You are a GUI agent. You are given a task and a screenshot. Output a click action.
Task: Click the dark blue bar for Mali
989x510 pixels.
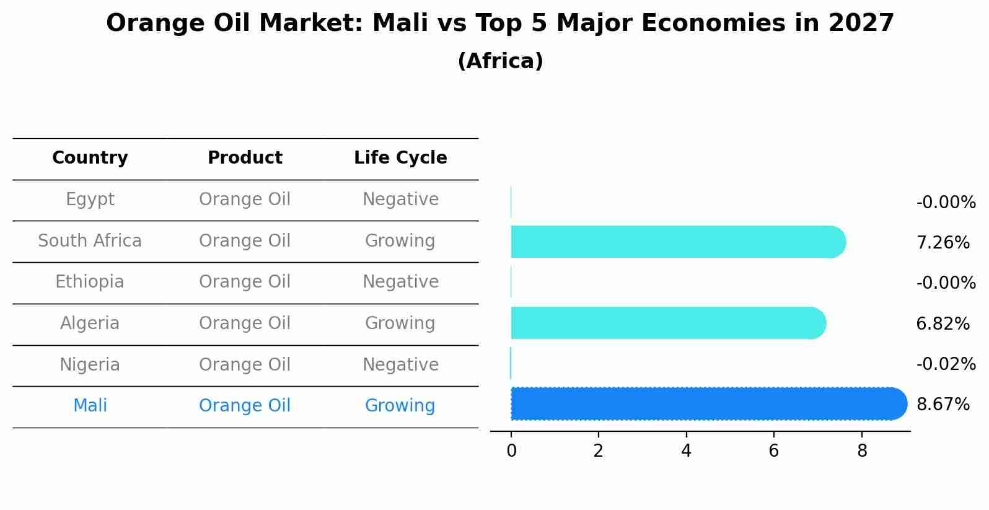click(x=706, y=403)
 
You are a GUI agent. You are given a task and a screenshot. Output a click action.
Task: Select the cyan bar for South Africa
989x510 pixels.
click(x=675, y=242)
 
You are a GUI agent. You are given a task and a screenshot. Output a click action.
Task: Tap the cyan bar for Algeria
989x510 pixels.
click(x=666, y=323)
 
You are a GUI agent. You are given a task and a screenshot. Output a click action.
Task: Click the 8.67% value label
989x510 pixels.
click(x=943, y=405)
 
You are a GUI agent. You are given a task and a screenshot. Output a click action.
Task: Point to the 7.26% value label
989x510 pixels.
click(x=943, y=242)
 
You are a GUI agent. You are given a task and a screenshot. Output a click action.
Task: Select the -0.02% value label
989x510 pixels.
click(x=946, y=364)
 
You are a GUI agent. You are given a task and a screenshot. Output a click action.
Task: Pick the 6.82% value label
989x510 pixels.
click(x=943, y=323)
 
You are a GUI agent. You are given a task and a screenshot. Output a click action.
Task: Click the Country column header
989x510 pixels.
click(x=90, y=158)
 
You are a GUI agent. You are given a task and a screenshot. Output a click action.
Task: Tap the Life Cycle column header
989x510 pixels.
click(x=400, y=158)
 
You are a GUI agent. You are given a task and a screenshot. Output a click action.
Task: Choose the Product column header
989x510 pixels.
click(x=245, y=158)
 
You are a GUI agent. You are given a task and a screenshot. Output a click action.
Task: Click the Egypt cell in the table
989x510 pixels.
click(x=90, y=200)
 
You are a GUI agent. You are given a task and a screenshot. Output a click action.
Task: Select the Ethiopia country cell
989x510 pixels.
click(x=90, y=282)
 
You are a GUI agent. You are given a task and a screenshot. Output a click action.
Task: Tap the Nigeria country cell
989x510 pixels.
click(x=90, y=364)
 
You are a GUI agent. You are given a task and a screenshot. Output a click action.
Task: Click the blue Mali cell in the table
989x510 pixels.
click(x=90, y=406)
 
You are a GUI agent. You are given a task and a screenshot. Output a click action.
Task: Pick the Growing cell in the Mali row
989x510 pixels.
click(x=400, y=406)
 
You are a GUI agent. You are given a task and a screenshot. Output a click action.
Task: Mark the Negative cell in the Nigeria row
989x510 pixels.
click(x=400, y=364)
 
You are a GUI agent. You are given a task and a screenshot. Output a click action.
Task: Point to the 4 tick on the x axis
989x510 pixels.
click(x=686, y=451)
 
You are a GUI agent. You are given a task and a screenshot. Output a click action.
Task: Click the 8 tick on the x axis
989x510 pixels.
click(x=862, y=451)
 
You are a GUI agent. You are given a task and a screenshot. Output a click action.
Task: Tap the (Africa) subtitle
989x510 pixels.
click(x=500, y=61)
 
